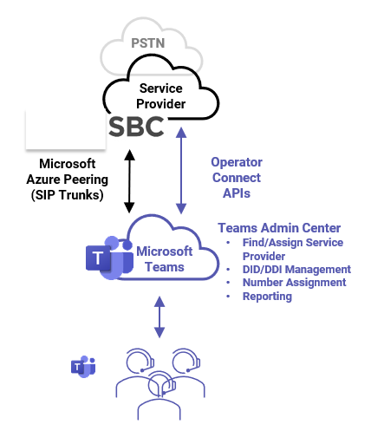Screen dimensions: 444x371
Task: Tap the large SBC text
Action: point(136,127)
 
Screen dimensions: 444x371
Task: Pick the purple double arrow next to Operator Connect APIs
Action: point(181,171)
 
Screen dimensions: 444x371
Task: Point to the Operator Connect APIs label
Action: point(236,178)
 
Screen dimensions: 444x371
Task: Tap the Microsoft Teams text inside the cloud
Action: point(164,258)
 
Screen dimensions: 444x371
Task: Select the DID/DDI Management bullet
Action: point(296,269)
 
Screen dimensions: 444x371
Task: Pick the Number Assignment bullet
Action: point(294,282)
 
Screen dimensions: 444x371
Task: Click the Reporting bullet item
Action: point(267,296)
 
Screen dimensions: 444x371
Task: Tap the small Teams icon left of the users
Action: point(82,366)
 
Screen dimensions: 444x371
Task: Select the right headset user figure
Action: point(185,369)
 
